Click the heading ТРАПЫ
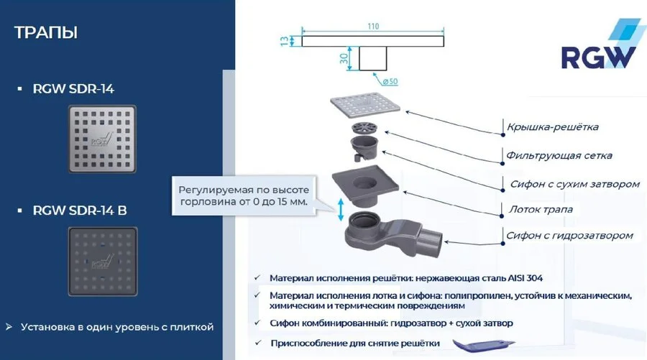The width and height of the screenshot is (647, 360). point(46,33)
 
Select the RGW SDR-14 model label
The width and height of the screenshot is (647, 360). point(73,89)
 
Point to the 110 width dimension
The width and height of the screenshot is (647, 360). point(372,27)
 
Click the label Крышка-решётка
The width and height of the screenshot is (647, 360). point(552,127)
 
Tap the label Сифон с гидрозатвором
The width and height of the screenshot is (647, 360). point(569,235)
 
